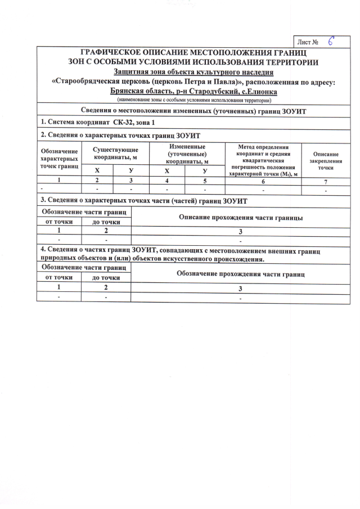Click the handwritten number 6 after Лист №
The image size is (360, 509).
coord(332,41)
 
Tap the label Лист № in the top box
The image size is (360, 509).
coord(309,42)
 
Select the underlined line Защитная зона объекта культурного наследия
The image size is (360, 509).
coord(193,72)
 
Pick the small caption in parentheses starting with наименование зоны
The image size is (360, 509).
coord(193,100)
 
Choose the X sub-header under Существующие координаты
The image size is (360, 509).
coord(97,170)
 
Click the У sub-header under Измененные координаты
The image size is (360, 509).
coord(205,170)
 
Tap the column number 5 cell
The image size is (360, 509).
coord(205,181)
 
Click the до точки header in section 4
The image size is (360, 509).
coord(106,278)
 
